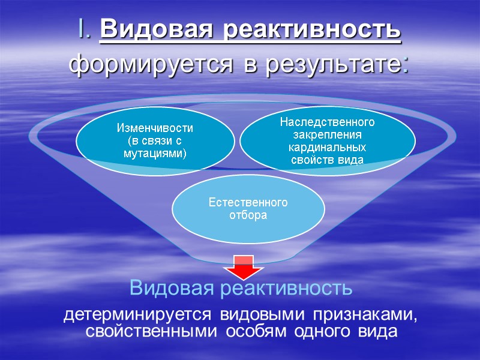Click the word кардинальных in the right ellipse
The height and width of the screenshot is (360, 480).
point(327,147)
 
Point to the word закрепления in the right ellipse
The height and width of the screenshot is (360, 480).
point(327,134)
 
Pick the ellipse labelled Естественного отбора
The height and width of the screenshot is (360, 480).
point(248,208)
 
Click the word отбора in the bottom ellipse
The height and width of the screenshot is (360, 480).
point(248,215)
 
